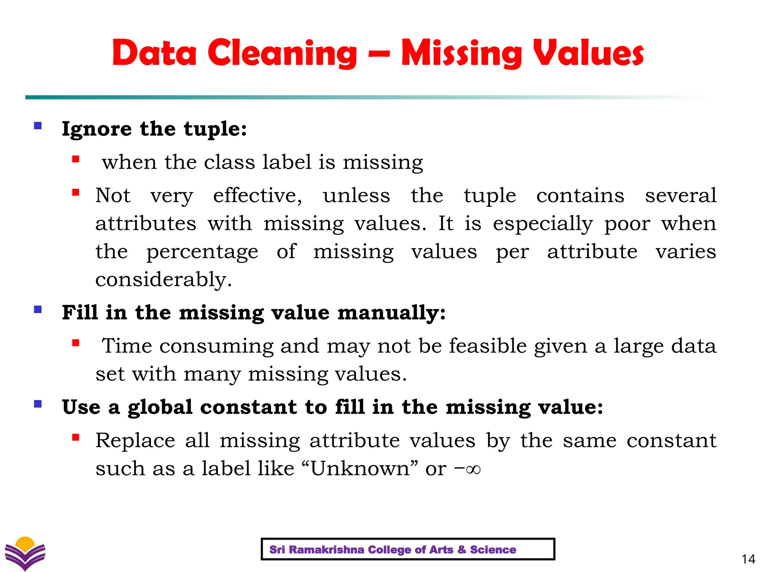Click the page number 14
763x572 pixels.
[748, 559]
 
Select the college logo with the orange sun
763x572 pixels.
[25, 553]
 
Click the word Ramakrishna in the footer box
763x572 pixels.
[326, 550]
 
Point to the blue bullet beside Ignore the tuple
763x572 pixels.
[38, 125]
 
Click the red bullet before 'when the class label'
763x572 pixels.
[76, 159]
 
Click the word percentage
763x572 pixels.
[202, 252]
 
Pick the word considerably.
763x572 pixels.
[164, 279]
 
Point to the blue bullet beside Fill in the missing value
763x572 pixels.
[38, 309]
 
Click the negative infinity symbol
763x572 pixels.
[468, 469]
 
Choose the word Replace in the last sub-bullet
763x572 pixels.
[135, 441]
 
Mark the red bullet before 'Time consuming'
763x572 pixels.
[76, 343]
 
